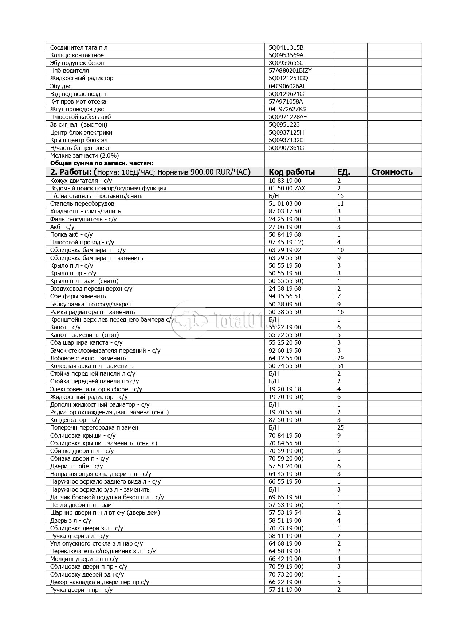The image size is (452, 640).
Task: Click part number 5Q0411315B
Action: [286, 47]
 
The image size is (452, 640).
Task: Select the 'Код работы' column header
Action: [291, 172]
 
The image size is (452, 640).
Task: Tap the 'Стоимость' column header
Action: [392, 172]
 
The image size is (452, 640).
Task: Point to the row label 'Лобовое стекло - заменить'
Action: [88, 358]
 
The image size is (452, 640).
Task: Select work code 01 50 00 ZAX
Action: [287, 188]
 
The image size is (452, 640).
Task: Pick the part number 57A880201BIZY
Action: [290, 70]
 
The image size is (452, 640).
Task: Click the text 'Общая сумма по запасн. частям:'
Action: [102, 163]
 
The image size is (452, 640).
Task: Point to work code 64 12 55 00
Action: [285, 358]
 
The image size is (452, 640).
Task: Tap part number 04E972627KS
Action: [287, 109]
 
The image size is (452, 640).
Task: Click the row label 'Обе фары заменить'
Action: [78, 296]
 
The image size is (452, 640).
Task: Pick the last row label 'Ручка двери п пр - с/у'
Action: [81, 590]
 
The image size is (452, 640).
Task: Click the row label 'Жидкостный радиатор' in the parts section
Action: [82, 78]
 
